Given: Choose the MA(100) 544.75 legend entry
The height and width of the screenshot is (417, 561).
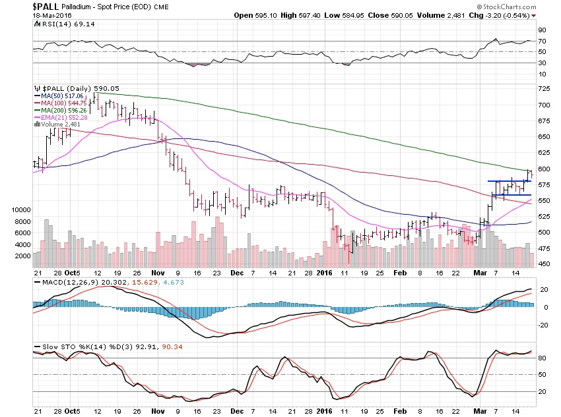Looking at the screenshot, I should click(65, 103).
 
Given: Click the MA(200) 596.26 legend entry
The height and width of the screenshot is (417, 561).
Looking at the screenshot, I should click(65, 111).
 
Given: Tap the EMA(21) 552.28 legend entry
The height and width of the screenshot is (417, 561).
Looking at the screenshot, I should click(66, 118).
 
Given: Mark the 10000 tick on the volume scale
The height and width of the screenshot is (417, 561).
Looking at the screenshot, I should click(22, 209).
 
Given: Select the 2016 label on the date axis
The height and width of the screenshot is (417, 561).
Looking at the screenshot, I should click(324, 272).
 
